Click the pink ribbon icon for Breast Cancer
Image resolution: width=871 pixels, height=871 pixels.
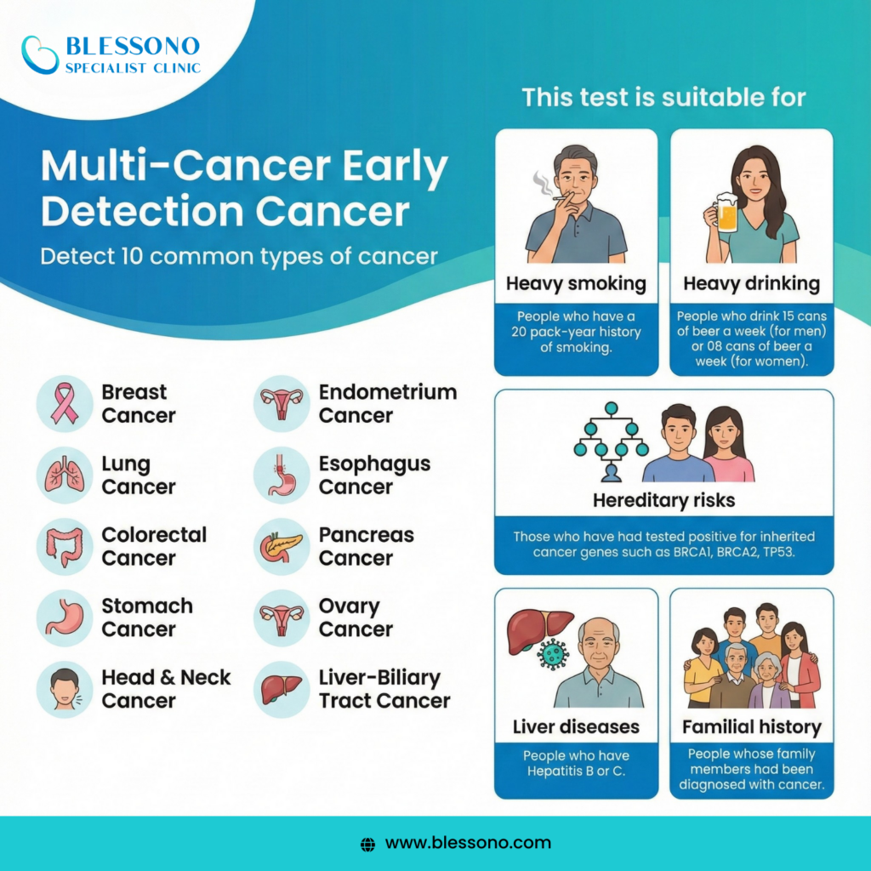(x=65, y=404)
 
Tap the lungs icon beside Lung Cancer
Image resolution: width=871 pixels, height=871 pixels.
(x=65, y=475)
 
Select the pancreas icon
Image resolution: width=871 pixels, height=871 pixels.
(x=281, y=547)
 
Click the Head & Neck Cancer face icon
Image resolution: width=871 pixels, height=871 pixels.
(x=65, y=690)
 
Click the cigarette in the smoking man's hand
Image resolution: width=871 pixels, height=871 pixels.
(x=564, y=198)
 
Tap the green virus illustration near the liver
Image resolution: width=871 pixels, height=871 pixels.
(x=555, y=653)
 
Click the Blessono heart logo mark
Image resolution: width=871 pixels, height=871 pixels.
(x=40, y=54)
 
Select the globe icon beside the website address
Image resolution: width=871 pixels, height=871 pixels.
(x=367, y=844)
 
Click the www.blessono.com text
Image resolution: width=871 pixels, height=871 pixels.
(x=468, y=843)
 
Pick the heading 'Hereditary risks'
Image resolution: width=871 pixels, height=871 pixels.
(x=663, y=500)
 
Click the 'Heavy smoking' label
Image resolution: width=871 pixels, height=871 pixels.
(x=576, y=283)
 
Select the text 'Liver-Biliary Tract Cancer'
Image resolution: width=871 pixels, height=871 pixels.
(x=384, y=689)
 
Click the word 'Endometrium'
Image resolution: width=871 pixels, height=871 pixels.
(x=388, y=392)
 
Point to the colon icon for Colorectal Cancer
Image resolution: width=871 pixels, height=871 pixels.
(x=65, y=547)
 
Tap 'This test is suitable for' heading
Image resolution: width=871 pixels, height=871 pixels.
(x=663, y=96)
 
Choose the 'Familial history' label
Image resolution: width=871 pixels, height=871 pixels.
(x=751, y=727)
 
